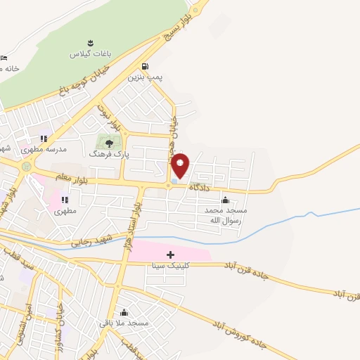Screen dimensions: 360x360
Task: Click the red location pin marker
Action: pos(181,165)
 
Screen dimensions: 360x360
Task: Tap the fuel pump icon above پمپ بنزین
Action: pos(145,67)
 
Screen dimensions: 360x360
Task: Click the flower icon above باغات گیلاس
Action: pos(89,43)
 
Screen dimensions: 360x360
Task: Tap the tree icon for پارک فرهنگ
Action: pos(109,143)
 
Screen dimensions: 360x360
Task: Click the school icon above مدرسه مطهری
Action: pos(44,139)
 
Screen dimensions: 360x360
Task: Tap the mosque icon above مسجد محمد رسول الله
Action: pos(225,200)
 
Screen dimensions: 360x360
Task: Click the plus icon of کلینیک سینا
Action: pos(169,254)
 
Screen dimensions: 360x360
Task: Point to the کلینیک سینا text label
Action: pos(168,266)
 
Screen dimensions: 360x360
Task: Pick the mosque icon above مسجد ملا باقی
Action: pos(124,312)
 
